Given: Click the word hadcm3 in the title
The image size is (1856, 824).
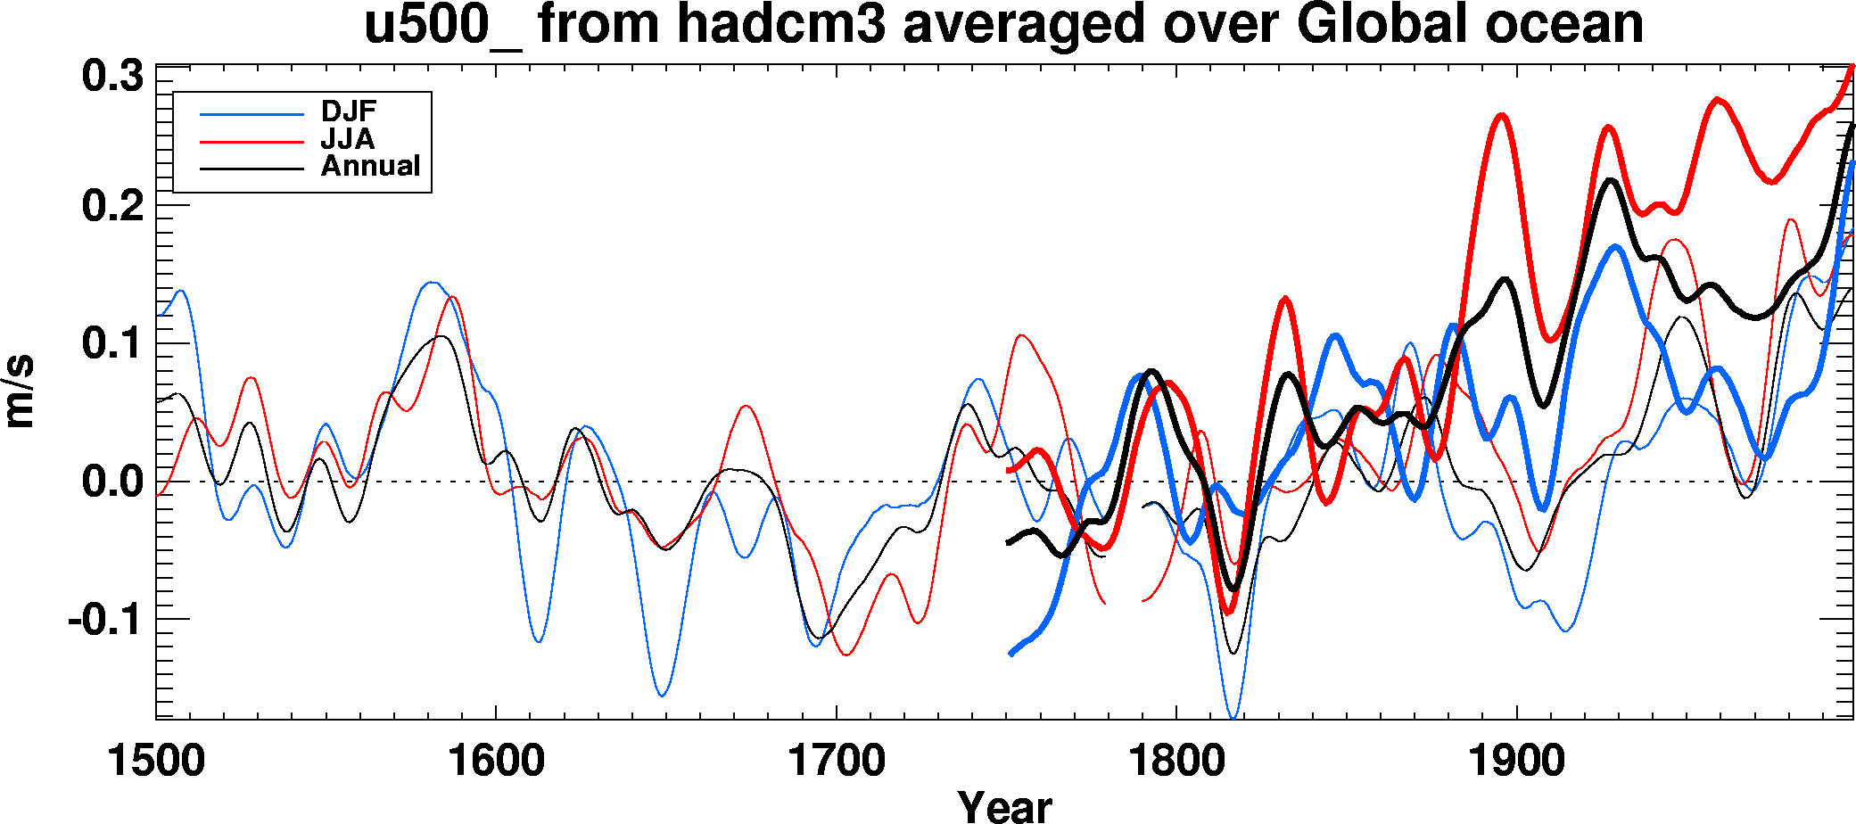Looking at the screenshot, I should [781, 24].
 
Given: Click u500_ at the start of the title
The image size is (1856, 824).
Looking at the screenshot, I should [442, 24].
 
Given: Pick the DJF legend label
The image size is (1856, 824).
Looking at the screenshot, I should [349, 111].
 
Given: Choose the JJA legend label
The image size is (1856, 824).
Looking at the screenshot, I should [348, 139].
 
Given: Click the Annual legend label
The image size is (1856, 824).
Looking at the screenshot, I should [370, 166].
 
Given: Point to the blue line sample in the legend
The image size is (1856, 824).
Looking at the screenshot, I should [252, 113].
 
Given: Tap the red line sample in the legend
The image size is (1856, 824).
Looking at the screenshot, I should [252, 141].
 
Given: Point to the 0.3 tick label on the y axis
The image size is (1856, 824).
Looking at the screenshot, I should [112, 76].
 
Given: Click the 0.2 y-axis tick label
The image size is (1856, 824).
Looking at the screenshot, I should [112, 207].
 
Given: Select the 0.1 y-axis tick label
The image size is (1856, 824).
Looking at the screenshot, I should [112, 344].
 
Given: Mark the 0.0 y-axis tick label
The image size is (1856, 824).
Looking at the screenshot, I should [112, 482].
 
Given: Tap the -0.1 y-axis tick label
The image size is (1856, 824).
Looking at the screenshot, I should [105, 620].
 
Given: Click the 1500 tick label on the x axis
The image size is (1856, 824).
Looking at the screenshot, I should [156, 761].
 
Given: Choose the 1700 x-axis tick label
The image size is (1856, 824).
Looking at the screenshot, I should [837, 761].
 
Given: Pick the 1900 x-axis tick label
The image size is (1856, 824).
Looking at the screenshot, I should [1516, 761].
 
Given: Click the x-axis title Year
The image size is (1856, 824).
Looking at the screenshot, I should [1005, 805].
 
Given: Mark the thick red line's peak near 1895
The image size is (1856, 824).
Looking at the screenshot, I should [1502, 115].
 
